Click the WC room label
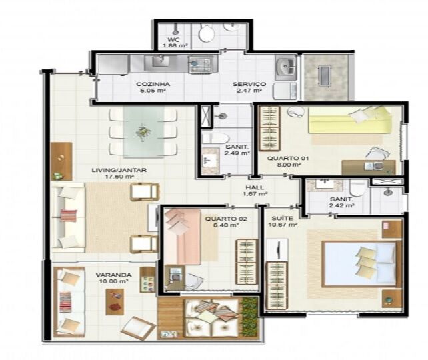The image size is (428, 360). tap(173, 40)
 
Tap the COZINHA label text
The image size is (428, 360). tap(153, 84)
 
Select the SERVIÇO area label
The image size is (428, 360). tap(249, 84)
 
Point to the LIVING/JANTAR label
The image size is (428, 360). tap(119, 170)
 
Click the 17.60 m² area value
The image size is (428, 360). tap(119, 177)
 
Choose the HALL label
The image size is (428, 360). tap(255, 187)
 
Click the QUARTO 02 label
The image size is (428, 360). tap(226, 219)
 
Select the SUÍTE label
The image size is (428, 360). tap(279, 218)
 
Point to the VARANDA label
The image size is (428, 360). tap(113, 275)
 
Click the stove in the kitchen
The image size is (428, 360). tap(201, 65)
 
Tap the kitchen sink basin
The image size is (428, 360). tap(161, 61)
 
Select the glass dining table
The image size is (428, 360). tap(143, 132)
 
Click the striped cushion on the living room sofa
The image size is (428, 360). tap(69, 215)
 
